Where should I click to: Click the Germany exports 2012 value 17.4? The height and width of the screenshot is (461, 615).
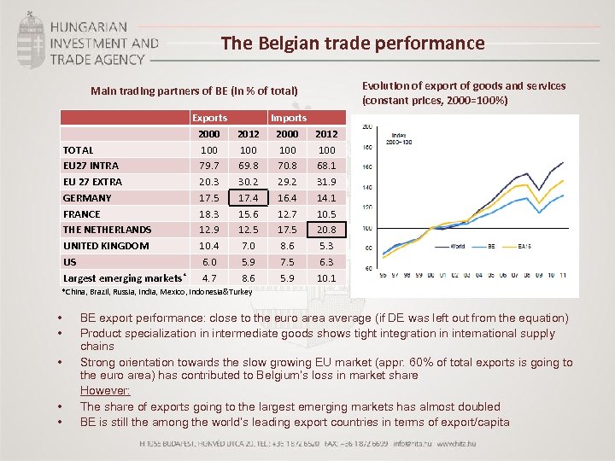(249, 198)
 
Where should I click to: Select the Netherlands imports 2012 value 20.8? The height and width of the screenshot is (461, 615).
(326, 230)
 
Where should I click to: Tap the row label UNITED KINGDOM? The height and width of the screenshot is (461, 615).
(106, 246)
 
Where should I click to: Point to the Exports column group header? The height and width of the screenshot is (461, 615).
(209, 118)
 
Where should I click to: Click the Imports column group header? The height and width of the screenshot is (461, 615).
(288, 118)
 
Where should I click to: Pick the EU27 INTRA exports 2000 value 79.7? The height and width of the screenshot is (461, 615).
(209, 166)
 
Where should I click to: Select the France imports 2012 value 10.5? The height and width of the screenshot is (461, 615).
(326, 214)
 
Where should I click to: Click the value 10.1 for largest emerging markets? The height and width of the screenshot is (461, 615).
(326, 278)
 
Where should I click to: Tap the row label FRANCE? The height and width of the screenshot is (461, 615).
(82, 214)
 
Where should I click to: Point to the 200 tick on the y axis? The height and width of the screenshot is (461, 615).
(366, 127)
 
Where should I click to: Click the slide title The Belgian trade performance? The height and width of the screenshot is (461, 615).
(352, 44)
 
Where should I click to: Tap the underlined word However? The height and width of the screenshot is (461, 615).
(105, 391)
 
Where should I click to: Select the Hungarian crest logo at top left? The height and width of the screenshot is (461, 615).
(32, 38)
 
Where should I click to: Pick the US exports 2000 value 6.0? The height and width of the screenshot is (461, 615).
(209, 262)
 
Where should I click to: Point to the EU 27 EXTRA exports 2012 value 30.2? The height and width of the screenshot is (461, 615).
(249, 182)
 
